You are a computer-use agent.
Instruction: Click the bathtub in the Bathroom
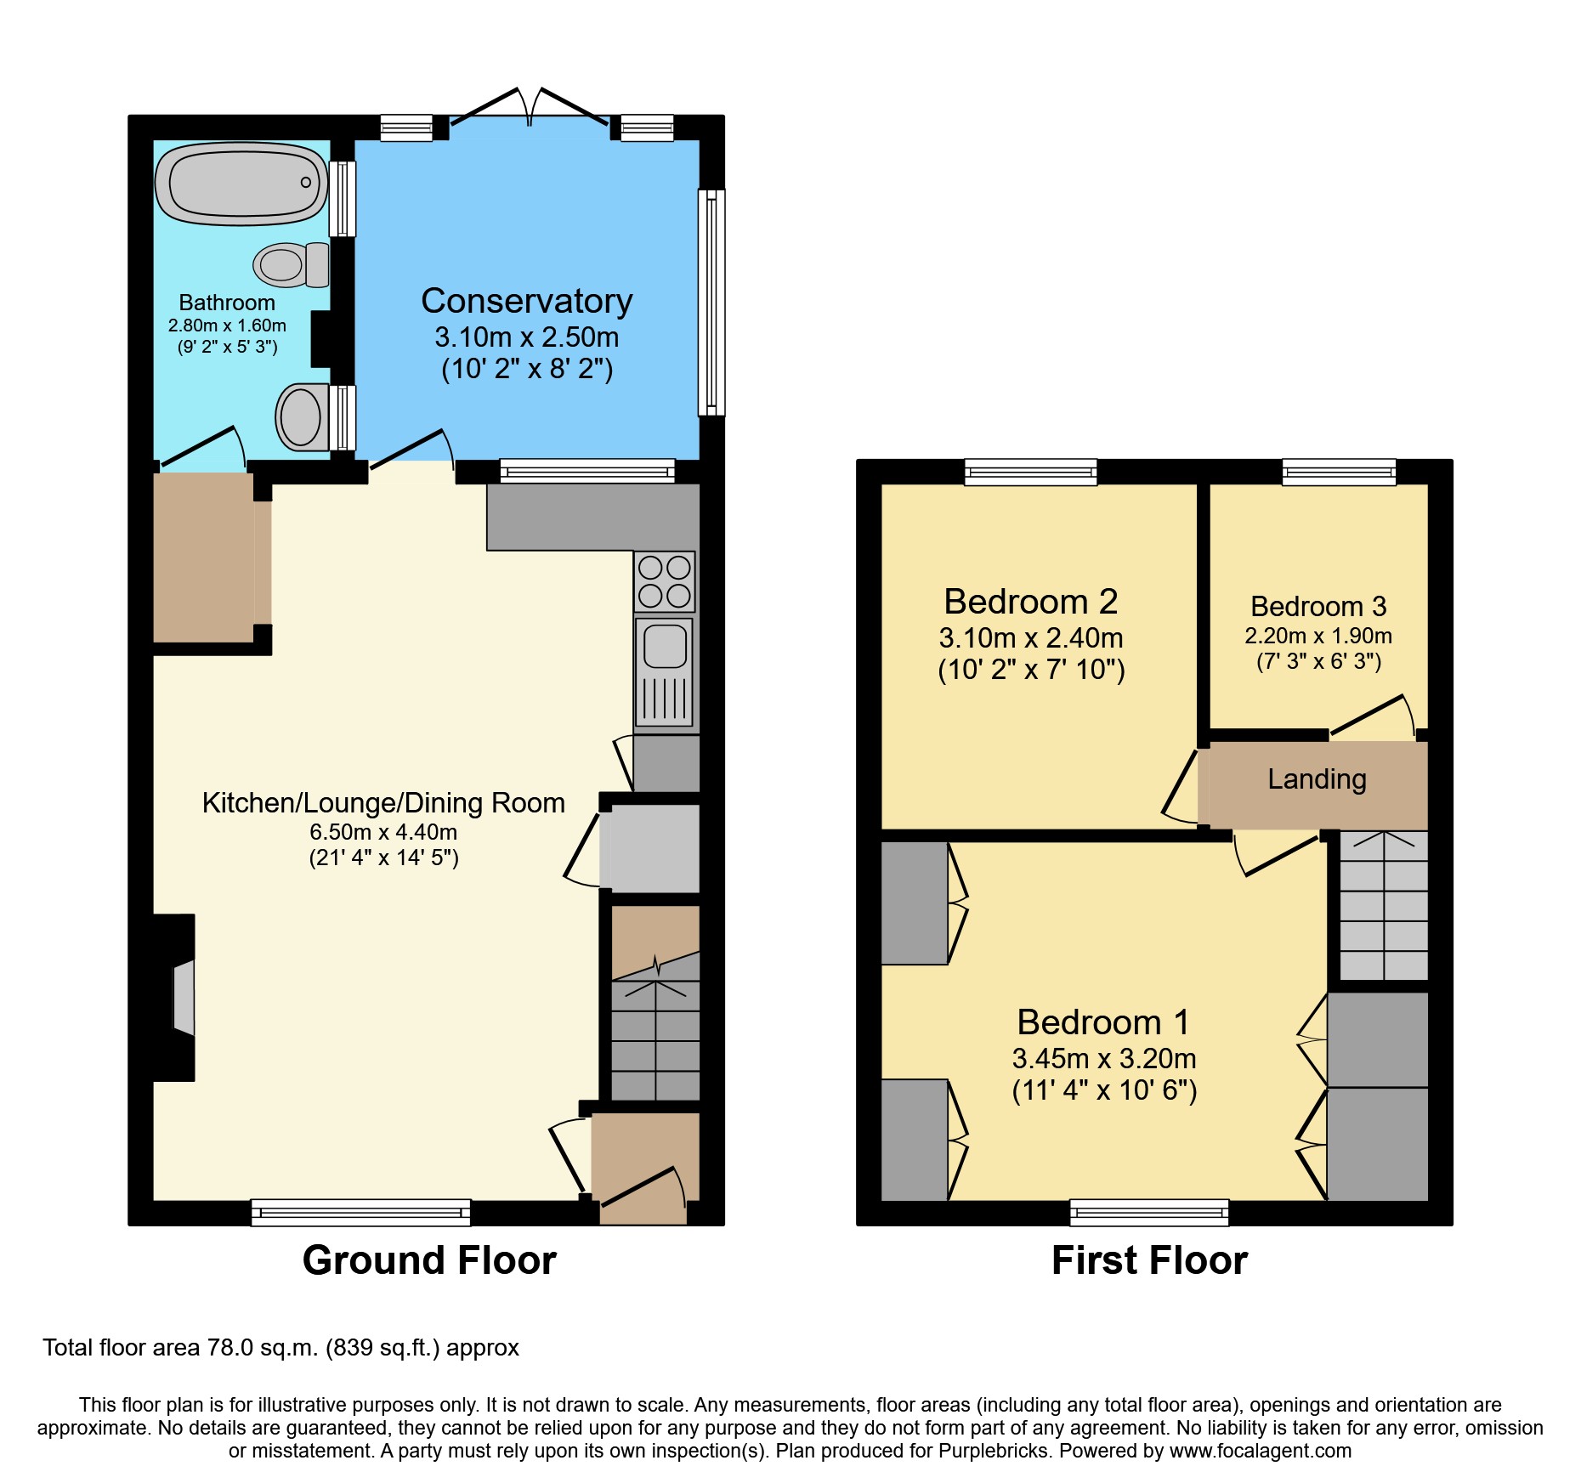[241, 183]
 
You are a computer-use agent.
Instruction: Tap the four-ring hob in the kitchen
[664, 581]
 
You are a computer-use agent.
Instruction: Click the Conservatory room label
[526, 301]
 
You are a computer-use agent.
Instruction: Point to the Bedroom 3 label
[1317, 606]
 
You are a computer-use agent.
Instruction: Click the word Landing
[1317, 778]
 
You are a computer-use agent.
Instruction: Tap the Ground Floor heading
[429, 1259]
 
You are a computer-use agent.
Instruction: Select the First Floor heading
[1149, 1259]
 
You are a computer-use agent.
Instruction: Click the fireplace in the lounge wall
[180, 998]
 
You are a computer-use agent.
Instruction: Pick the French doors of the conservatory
[529, 108]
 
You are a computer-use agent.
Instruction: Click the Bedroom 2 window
[1030, 471]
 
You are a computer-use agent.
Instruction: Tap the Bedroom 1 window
[1148, 1212]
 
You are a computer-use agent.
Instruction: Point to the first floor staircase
[1383, 906]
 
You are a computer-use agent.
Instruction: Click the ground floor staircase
[655, 1041]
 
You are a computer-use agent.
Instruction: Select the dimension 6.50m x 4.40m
[383, 832]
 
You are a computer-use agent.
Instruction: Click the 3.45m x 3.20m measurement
[1103, 1058]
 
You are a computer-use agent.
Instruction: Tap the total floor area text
[280, 1348]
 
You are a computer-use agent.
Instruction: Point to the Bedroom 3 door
[1370, 716]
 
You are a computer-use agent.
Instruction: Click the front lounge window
[360, 1212]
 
